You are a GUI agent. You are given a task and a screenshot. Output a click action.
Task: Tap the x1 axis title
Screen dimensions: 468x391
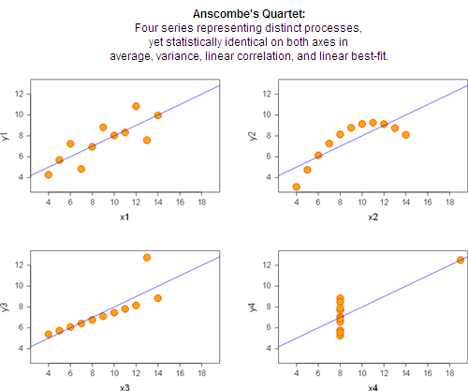124,217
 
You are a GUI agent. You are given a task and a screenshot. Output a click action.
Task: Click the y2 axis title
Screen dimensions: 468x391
253,136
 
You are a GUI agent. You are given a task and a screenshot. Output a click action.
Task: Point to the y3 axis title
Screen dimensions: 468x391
5,307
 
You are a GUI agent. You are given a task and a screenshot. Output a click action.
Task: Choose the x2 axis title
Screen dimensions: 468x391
373,217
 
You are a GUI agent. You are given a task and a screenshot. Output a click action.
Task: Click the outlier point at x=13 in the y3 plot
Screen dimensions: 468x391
147,258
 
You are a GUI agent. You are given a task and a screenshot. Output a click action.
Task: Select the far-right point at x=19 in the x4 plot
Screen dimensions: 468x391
461,260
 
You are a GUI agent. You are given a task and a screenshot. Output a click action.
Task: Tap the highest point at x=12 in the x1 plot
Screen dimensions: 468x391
136,106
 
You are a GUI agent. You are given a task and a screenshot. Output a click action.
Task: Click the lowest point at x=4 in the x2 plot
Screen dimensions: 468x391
297,187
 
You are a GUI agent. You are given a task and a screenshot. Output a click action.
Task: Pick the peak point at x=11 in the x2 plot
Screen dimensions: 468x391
373,123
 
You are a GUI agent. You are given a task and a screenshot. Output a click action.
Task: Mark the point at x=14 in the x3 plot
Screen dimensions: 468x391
158,298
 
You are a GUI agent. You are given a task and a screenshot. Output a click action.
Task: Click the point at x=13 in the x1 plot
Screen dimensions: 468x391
147,141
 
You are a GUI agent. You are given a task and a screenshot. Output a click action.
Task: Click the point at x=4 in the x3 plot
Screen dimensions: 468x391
49,334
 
